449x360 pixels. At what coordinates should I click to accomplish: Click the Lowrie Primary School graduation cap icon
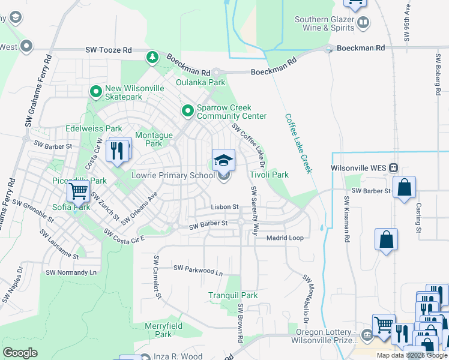[224, 160]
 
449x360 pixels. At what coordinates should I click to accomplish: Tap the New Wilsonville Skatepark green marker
[95, 92]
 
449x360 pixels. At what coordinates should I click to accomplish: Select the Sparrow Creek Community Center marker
[188, 111]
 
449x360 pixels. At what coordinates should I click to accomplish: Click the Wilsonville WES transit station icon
[394, 167]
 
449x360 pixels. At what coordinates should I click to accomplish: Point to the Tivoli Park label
[269, 175]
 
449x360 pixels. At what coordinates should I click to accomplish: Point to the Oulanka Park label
[200, 82]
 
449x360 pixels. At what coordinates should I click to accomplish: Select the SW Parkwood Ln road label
[198, 271]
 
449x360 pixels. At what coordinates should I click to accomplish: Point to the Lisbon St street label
[224, 207]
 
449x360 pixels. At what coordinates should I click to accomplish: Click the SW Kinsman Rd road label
[347, 219]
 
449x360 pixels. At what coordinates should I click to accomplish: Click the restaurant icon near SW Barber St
[117, 150]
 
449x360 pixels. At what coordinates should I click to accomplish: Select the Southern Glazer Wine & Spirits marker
[363, 23]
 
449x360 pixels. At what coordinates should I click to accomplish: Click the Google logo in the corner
[20, 353]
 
